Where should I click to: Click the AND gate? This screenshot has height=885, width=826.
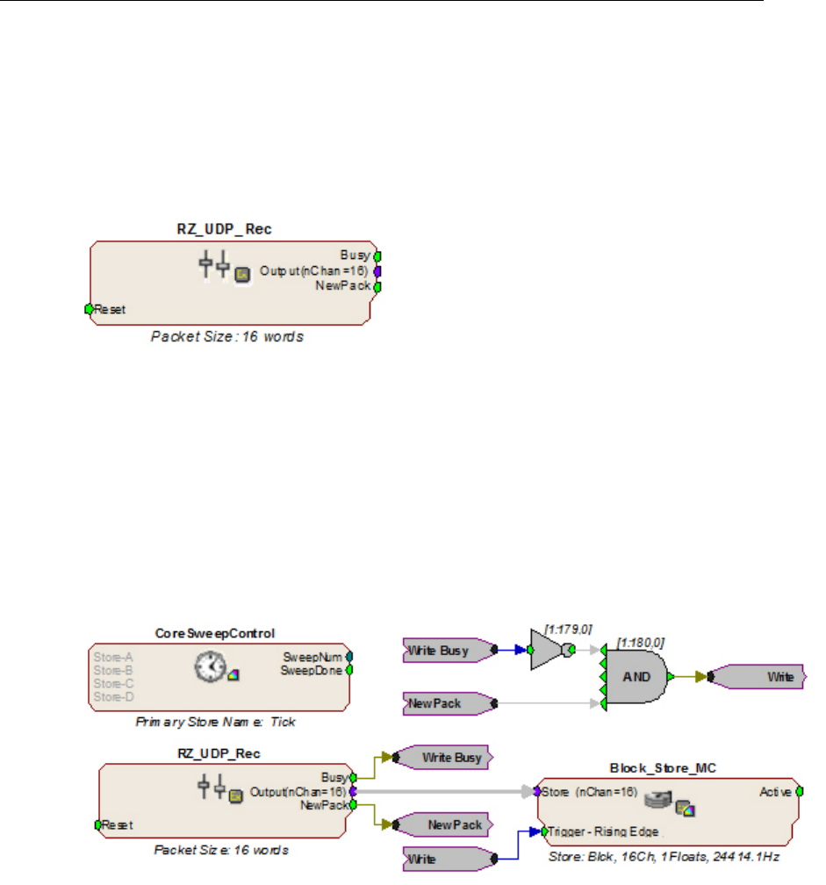[x=637, y=677]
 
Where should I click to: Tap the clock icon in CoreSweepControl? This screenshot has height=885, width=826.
[x=206, y=669]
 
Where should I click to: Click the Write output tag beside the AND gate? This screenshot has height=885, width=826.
[x=758, y=677]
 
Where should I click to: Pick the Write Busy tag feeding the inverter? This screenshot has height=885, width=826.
[x=445, y=651]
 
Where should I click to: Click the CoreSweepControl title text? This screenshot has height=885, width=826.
[x=219, y=634]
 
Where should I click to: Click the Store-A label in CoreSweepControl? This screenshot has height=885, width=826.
[x=110, y=656]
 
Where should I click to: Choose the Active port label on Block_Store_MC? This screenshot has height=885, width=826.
[x=776, y=792]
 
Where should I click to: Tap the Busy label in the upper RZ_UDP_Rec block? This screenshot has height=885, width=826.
[x=356, y=256]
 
